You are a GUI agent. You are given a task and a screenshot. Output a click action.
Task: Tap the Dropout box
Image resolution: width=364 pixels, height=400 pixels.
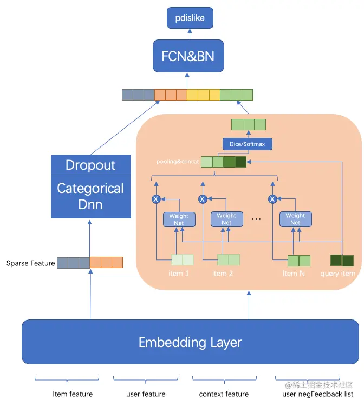coord(90,165)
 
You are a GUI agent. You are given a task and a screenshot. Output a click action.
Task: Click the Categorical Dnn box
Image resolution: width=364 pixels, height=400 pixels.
coord(90,196)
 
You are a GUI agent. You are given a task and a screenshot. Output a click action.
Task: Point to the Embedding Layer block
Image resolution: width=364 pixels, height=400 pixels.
coord(190,342)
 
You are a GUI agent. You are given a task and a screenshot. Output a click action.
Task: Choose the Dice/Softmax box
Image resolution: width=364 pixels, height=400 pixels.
coord(248,144)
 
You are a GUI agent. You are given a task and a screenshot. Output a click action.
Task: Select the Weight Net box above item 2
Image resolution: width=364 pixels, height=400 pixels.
coord(226,219)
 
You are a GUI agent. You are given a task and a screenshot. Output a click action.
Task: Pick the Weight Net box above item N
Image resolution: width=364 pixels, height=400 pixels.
coord(295,219)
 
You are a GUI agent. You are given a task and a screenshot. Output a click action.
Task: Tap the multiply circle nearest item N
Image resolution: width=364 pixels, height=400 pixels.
coord(272,199)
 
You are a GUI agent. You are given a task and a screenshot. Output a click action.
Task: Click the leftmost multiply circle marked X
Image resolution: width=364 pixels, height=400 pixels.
coord(156,199)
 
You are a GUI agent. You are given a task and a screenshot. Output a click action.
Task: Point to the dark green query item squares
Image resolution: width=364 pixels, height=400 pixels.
coord(342,260)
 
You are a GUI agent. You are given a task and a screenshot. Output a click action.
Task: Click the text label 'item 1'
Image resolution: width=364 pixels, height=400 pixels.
coord(179,274)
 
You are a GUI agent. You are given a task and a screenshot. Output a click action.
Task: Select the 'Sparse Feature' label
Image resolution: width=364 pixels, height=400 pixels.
coord(30,263)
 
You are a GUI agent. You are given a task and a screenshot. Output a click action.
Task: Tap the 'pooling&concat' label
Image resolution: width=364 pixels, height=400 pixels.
coord(178,162)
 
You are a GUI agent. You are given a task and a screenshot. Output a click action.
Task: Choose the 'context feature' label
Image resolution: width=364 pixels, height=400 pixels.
coord(224,394)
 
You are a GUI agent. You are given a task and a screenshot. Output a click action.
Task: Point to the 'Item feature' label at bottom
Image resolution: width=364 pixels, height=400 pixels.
coord(73,394)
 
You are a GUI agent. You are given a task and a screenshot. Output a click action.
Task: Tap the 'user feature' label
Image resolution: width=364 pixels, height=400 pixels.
coord(146,394)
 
